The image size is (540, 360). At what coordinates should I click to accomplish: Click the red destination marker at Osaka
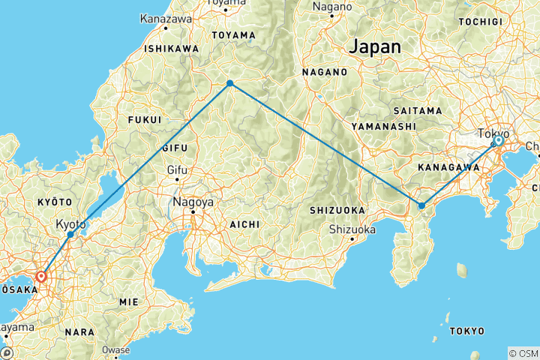point(41,276)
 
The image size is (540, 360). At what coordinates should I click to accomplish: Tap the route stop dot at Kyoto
point(70,235)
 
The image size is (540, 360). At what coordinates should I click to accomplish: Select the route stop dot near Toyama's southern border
point(230,83)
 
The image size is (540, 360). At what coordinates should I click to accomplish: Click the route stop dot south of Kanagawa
point(422,205)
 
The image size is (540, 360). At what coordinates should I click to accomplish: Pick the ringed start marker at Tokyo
point(498,141)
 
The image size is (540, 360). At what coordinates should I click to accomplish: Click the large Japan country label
point(374,46)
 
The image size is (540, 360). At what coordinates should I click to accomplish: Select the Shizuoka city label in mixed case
point(352,229)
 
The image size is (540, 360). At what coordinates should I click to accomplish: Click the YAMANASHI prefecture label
point(383,127)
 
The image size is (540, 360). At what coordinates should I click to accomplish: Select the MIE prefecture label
point(128,301)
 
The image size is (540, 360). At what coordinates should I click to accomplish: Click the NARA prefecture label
point(79,331)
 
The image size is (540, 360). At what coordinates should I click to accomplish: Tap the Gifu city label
point(177,170)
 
